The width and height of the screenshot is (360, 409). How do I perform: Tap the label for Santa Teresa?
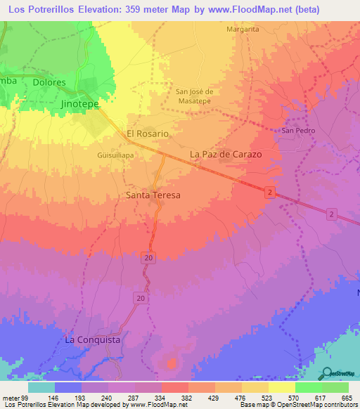153,195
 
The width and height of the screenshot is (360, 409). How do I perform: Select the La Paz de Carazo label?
226,154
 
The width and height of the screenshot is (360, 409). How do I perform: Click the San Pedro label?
298,131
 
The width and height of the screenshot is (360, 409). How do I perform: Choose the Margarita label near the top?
243,30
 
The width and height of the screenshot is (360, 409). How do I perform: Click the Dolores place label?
49,82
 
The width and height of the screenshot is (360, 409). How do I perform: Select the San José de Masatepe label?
198,96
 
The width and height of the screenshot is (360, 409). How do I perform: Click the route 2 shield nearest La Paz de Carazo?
269,192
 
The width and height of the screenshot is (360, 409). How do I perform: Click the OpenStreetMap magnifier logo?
327,373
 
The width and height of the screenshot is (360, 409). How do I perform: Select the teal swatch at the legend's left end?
41,387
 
